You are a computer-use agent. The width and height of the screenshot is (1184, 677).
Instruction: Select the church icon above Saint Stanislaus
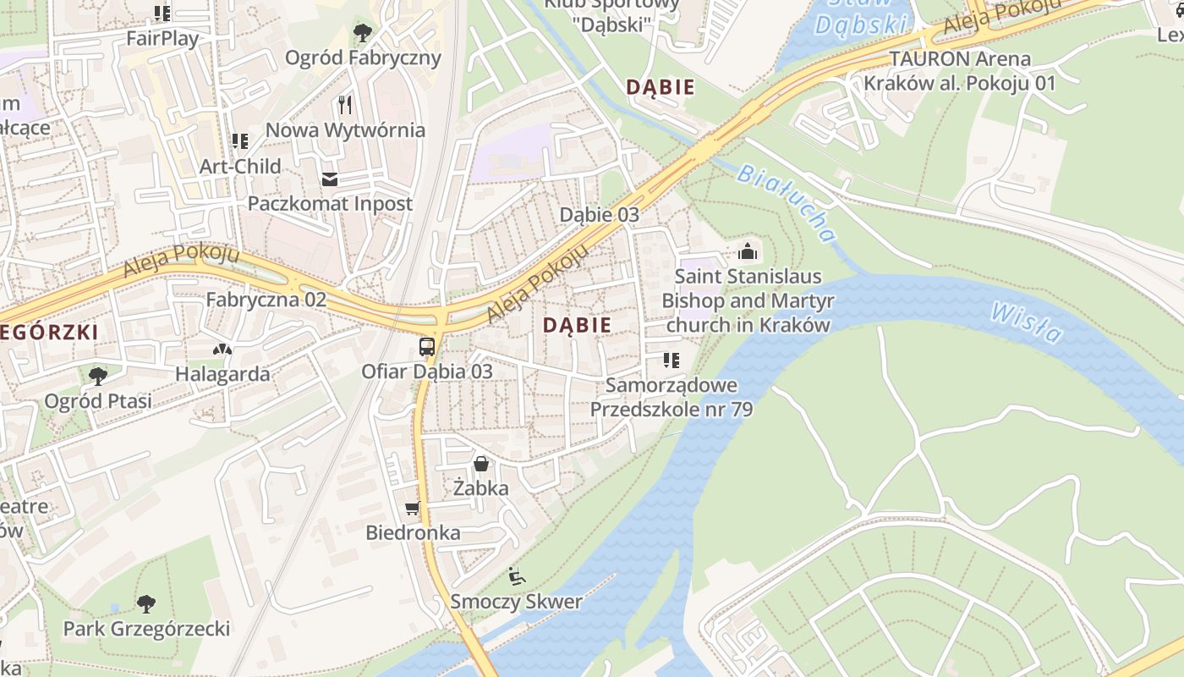tap(747, 251)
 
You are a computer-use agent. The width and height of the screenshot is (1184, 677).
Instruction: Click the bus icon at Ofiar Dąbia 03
tap(427, 347)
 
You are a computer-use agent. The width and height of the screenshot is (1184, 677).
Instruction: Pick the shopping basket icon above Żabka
tap(480, 464)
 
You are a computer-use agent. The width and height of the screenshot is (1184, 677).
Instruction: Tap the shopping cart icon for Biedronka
tap(412, 509)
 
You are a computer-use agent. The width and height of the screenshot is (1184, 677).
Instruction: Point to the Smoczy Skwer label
tap(516, 602)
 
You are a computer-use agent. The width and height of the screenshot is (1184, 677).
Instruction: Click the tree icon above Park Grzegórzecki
tap(146, 603)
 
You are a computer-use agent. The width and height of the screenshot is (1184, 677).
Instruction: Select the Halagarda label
tap(222, 374)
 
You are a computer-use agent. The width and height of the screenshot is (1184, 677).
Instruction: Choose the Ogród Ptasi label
tap(98, 400)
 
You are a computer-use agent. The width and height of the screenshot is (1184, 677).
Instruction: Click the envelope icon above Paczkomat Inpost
tap(329, 179)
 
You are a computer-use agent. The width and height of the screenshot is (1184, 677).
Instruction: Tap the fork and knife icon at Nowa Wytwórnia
tap(344, 105)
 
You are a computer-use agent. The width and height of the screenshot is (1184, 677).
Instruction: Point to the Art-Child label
tap(240, 166)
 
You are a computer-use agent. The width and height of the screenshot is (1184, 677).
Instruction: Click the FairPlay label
tap(162, 38)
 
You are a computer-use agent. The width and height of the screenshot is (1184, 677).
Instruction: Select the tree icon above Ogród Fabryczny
tap(363, 33)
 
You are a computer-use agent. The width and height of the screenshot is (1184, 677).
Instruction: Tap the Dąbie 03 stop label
tap(600, 215)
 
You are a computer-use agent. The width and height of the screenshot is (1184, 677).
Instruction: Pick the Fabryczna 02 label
tap(266, 300)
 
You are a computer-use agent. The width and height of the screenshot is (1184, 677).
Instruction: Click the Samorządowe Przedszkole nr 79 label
tap(671, 397)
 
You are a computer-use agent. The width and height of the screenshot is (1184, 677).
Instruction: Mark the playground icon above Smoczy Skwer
tap(516, 576)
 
